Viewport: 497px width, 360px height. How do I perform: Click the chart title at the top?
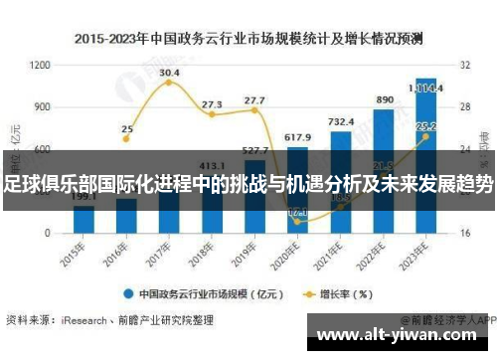click(248, 40)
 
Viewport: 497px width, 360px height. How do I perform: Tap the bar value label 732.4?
click(341, 121)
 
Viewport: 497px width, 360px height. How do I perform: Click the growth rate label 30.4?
click(169, 73)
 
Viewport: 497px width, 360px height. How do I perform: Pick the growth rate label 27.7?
click(254, 100)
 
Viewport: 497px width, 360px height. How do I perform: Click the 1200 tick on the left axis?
click(41, 65)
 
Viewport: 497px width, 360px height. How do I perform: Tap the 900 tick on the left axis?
click(43, 106)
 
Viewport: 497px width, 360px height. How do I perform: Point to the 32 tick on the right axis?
click(464, 65)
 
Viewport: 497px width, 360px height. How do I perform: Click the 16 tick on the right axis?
click(464, 233)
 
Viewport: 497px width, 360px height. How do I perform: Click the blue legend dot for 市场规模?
click(128, 293)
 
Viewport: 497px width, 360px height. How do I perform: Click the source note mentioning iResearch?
click(109, 320)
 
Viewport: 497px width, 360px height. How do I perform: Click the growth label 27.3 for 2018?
click(212, 104)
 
